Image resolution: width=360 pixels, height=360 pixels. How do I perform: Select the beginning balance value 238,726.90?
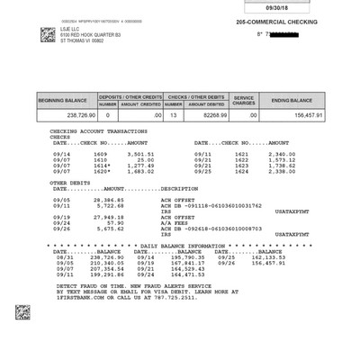tap(68, 115)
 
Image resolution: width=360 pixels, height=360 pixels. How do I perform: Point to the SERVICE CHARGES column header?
tap(245, 99)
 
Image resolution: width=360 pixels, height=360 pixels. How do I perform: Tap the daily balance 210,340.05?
tap(102, 263)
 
